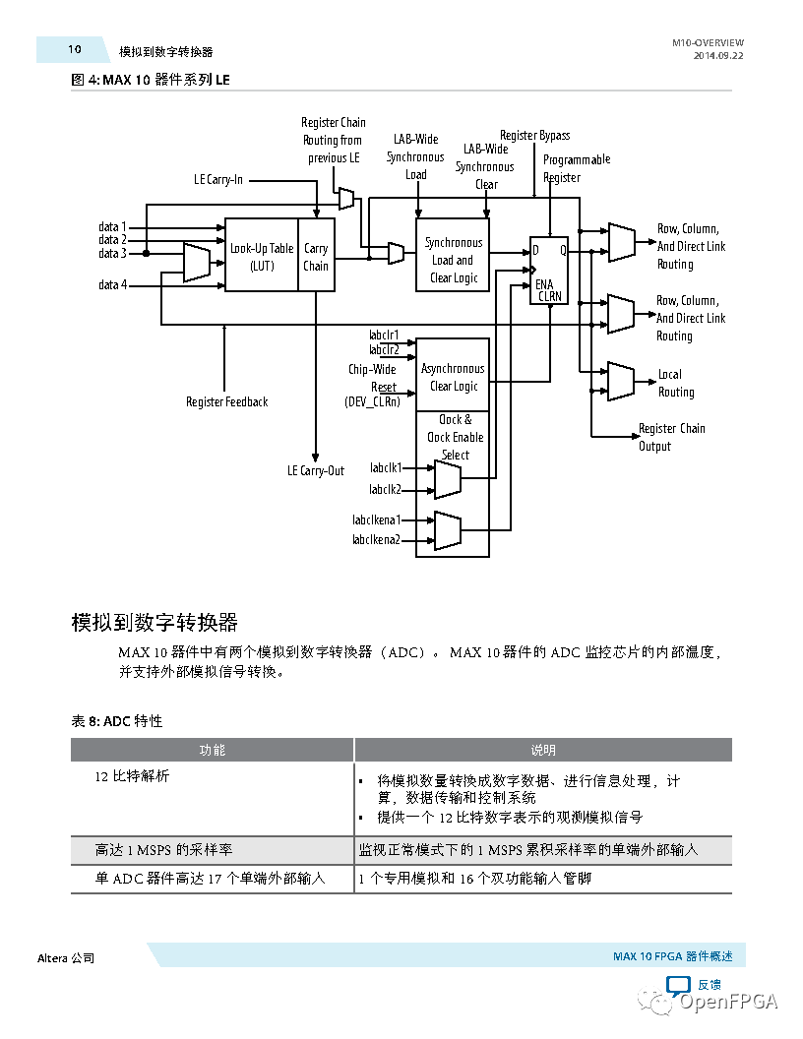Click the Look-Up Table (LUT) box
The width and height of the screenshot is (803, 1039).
coord(262,256)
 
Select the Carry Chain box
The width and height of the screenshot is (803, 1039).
coord(316,256)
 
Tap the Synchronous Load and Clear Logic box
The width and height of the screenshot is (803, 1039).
coord(453,260)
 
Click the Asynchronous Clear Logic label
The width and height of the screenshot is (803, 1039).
coord(453,377)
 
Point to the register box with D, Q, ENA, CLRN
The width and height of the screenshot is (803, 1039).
coord(549,270)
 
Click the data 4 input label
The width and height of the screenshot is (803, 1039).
coord(113,285)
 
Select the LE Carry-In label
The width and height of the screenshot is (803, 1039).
coord(218,180)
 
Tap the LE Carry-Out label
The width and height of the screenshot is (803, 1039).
coord(316,470)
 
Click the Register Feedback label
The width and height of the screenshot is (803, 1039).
coord(226,401)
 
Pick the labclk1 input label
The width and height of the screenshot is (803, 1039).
coord(386,468)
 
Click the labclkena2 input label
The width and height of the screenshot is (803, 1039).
coord(376,539)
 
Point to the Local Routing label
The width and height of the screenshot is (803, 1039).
coord(676,383)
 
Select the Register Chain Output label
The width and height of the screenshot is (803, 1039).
coord(671,437)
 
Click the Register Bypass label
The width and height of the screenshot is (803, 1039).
coord(534,135)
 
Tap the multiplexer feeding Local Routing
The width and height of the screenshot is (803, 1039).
coord(621,380)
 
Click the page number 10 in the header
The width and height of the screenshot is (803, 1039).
coord(75,49)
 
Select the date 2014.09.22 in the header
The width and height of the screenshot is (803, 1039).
coord(718,57)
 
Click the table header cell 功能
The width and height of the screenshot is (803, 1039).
coord(213,750)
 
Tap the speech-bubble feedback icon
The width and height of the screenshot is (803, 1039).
coord(679,985)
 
